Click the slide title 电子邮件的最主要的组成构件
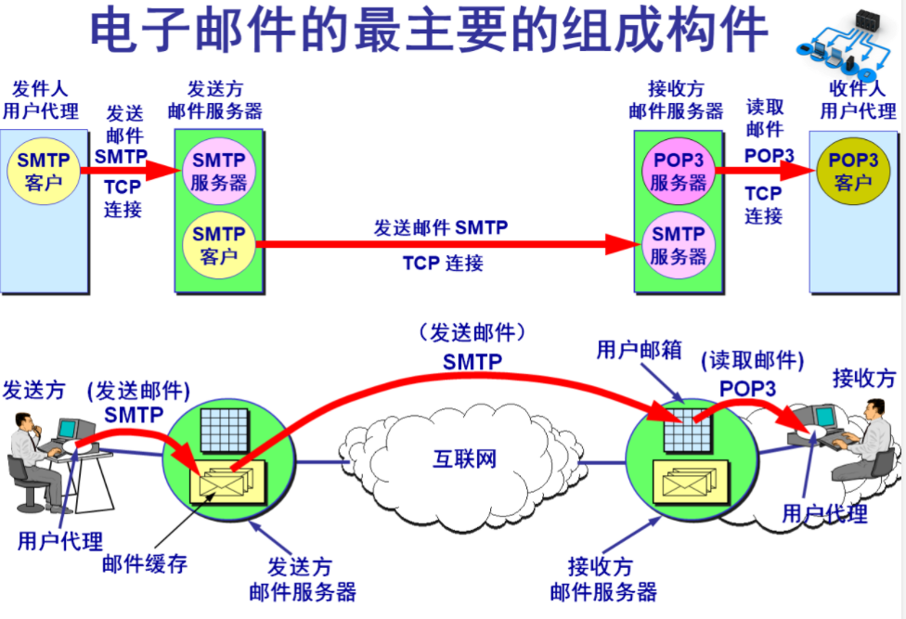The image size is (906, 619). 429,32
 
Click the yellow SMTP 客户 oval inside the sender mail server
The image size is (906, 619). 219,244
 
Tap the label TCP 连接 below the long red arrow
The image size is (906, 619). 443,264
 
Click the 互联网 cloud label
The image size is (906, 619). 465,458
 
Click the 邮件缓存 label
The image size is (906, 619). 144,563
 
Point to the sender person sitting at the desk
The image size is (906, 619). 32,459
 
